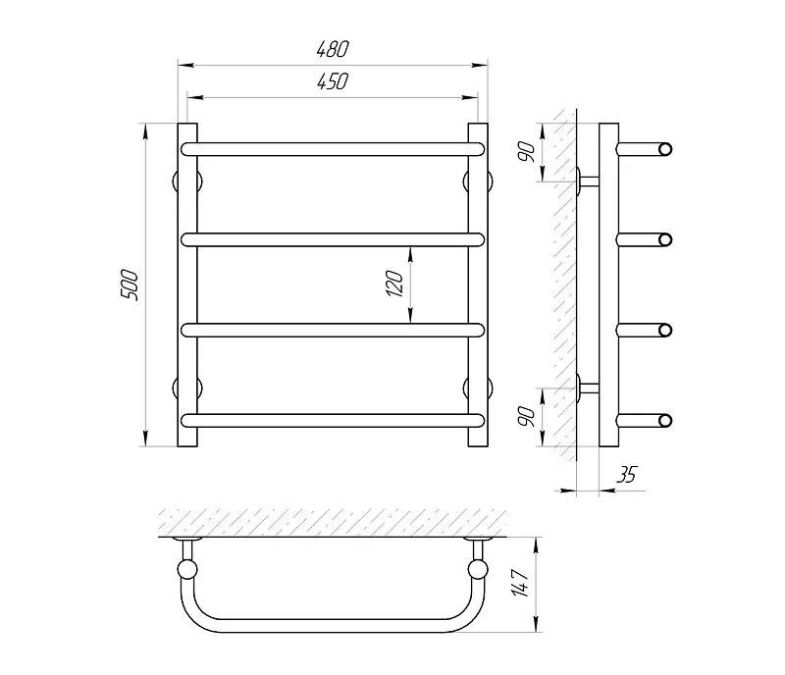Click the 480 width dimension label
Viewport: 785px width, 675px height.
[x=333, y=49]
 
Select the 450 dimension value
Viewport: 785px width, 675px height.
[x=333, y=81]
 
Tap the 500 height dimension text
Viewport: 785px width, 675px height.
[x=130, y=285]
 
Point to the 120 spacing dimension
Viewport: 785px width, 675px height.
[x=395, y=284]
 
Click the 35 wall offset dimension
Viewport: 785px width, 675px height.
[x=626, y=474]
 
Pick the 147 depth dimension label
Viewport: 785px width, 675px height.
[x=521, y=583]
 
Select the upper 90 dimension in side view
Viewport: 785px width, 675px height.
[x=527, y=152]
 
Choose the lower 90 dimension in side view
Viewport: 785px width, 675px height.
[x=527, y=417]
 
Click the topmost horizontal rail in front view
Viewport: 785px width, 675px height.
[x=333, y=149]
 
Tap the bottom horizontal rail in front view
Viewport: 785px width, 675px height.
[x=333, y=420]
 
